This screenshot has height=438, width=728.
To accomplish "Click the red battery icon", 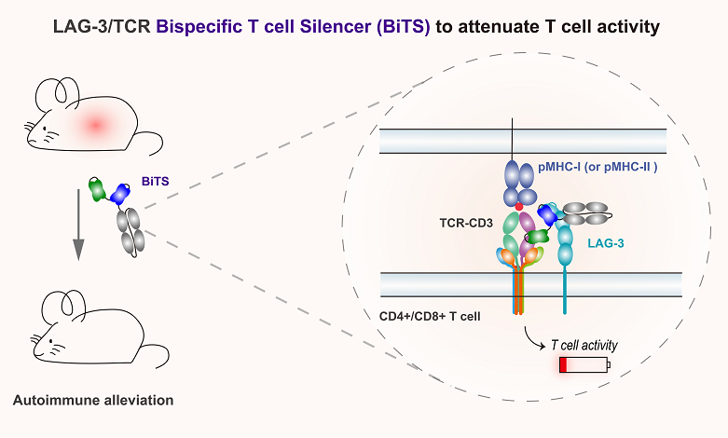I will tap(584, 366).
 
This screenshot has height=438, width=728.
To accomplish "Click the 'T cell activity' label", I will tap(584, 345).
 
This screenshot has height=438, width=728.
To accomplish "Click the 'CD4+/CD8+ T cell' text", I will tap(431, 316).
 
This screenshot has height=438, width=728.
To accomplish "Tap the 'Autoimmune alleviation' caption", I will tap(93, 401).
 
